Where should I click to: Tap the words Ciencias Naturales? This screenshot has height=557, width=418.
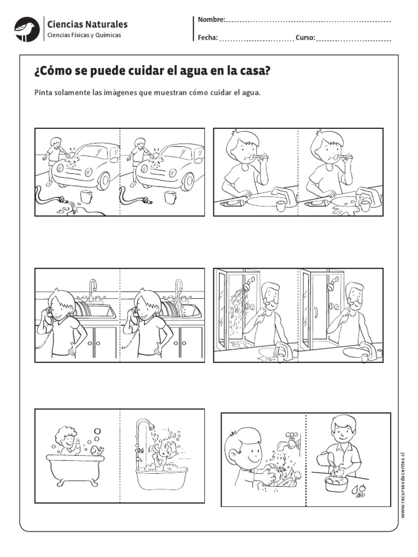click(88, 24)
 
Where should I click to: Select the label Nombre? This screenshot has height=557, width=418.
click(211, 20)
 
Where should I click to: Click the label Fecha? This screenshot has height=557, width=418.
click(207, 38)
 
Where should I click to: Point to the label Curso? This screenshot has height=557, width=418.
click(305, 38)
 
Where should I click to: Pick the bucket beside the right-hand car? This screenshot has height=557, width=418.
click(170, 196)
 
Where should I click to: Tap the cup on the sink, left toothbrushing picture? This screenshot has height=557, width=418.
click(280, 206)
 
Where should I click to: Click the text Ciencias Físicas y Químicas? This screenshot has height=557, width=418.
click(84, 35)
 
